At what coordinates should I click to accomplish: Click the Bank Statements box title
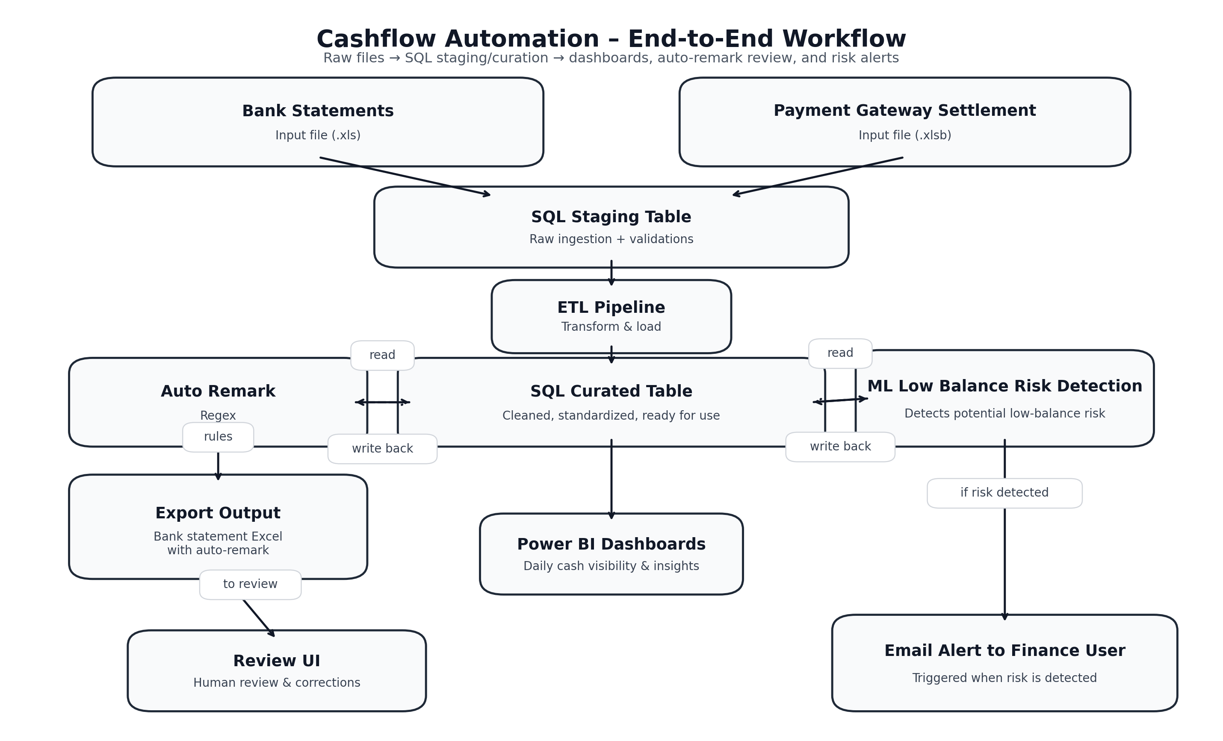318,111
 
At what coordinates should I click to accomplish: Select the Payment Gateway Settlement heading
904,110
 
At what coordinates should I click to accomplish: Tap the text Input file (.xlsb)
904,135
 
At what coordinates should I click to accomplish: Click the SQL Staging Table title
611,217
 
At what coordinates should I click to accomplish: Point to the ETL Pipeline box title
611,307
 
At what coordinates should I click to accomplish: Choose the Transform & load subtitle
611,327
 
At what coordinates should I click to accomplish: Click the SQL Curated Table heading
611,391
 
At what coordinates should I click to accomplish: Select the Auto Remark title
218,391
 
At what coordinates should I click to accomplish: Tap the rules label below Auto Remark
218,436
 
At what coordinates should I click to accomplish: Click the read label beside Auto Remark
382,355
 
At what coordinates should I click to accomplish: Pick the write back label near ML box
840,447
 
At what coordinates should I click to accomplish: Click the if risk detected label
1004,493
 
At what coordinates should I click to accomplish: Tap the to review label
250,584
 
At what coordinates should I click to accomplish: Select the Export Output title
218,513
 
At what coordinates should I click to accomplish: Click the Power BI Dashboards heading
611,544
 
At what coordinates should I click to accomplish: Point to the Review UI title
277,661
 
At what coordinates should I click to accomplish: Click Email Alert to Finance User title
1004,651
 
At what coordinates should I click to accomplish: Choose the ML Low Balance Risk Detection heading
1004,386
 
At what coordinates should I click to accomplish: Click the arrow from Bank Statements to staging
405,176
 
